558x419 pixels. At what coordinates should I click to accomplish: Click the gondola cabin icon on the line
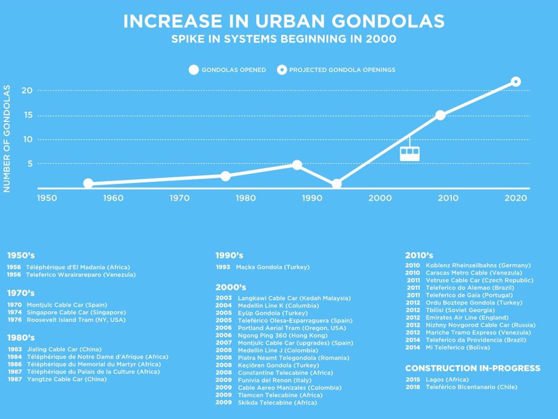(x=409, y=153)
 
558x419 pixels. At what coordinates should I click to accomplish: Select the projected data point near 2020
(x=516, y=82)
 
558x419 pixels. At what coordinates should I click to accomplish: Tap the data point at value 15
(x=440, y=115)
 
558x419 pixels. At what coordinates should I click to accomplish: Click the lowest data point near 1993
(x=336, y=184)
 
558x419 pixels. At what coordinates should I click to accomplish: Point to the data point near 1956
(x=88, y=183)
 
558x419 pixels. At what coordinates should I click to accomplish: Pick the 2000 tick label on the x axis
(x=380, y=198)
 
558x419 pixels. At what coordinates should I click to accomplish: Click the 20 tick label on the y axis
(x=27, y=91)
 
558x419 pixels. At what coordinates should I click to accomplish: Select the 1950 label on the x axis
(x=47, y=198)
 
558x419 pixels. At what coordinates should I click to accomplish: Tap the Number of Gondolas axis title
(x=7, y=139)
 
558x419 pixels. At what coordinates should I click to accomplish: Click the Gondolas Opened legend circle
(x=194, y=70)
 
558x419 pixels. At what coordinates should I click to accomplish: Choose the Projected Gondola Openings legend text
(x=342, y=70)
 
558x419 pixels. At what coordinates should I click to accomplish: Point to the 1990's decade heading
(x=229, y=255)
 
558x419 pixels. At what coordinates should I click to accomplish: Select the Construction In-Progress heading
(x=473, y=368)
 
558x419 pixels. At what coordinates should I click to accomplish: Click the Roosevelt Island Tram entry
(x=76, y=320)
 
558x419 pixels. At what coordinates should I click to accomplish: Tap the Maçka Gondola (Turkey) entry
(x=273, y=267)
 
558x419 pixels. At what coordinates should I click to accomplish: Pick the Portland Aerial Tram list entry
(x=292, y=328)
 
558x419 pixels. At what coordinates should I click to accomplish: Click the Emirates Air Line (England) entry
(x=467, y=318)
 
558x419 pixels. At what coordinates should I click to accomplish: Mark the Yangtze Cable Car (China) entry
(x=67, y=379)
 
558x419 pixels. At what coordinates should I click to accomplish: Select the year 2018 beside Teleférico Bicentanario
(x=413, y=387)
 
